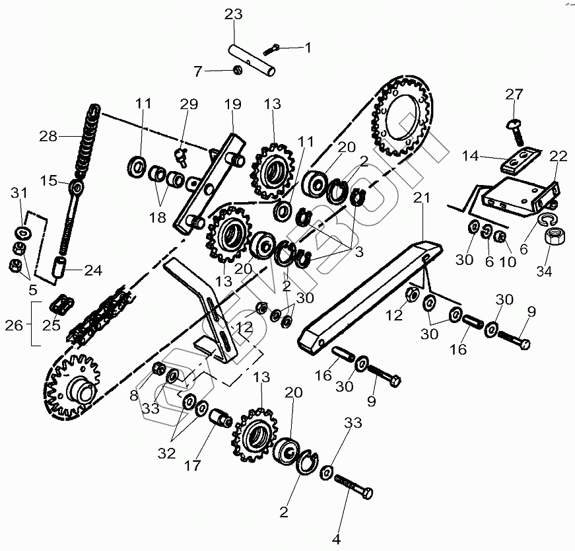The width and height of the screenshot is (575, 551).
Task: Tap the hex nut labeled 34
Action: (x=553, y=235)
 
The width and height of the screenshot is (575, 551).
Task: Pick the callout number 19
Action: (x=232, y=104)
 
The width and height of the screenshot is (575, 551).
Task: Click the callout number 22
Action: (x=558, y=156)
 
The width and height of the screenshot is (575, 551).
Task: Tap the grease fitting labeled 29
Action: (x=182, y=155)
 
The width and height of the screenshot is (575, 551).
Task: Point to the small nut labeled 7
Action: (x=238, y=69)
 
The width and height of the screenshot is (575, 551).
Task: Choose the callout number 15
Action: (x=48, y=180)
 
